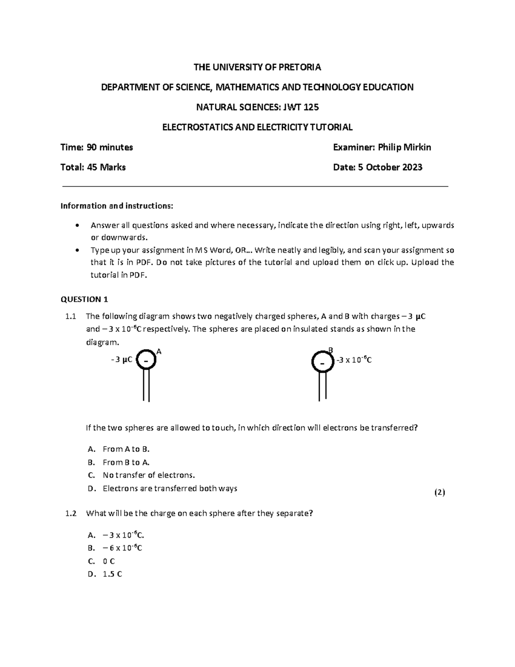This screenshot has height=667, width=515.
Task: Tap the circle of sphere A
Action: pos(146,360)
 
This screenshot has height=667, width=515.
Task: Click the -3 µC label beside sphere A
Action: pos(121,360)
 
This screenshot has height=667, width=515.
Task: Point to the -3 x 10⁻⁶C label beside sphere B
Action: pos(354,360)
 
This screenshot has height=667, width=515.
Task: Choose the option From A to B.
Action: pos(126,449)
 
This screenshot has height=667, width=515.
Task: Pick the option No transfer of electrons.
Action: pos(148,475)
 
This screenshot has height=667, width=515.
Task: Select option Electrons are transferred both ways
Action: pos(170,488)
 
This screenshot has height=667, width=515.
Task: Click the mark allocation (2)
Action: pos(439,493)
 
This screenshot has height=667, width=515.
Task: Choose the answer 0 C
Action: pos(109,561)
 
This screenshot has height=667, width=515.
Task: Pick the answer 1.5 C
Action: pos(112,574)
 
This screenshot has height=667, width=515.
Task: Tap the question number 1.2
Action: pos(70,513)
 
